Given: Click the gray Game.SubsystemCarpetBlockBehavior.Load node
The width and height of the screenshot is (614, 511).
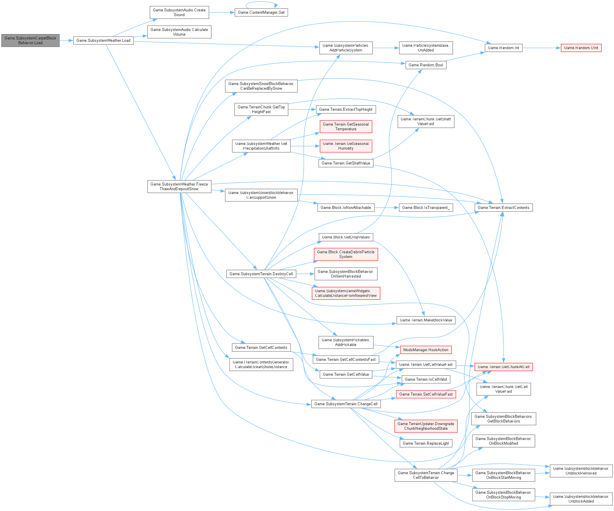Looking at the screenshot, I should coord(30,40).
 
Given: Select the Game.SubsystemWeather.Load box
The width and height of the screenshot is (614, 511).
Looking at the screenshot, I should coord(103,40).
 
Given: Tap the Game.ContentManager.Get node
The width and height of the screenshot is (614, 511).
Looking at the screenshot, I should coord(261,13).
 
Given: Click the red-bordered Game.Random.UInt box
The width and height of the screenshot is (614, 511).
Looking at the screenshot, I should coord(581,48).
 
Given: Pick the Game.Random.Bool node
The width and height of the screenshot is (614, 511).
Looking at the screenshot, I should coord(426,65).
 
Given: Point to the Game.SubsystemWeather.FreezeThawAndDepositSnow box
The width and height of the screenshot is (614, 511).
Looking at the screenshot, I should coord(179,186).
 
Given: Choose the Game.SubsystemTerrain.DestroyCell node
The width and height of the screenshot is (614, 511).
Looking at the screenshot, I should coord(261,274).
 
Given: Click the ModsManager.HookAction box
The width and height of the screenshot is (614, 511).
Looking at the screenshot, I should coord(425,350).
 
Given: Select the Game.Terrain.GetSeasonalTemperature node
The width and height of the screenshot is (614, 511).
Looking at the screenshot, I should coord(346,127).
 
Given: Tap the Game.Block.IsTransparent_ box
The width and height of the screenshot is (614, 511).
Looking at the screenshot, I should coord(425,208).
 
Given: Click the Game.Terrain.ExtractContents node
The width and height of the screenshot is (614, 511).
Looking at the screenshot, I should coord(503,208).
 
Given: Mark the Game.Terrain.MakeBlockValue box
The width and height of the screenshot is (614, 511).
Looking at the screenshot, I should coord(425,320).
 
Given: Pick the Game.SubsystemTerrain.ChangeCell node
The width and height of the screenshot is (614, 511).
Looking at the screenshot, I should coord(346,404).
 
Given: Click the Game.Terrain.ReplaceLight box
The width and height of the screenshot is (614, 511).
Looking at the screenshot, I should coord(425,443).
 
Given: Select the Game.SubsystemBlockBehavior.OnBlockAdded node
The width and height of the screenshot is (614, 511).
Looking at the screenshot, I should coord(581,499).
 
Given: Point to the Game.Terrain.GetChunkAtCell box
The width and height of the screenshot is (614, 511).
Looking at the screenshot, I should coord(503,367).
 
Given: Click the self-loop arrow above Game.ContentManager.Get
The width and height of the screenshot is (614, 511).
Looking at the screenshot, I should coord(261,3).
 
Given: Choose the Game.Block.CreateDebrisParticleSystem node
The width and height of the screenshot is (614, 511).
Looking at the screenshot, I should coord(346,254).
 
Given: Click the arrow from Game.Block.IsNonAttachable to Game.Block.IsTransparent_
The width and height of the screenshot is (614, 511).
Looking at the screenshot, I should coord(386,208).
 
